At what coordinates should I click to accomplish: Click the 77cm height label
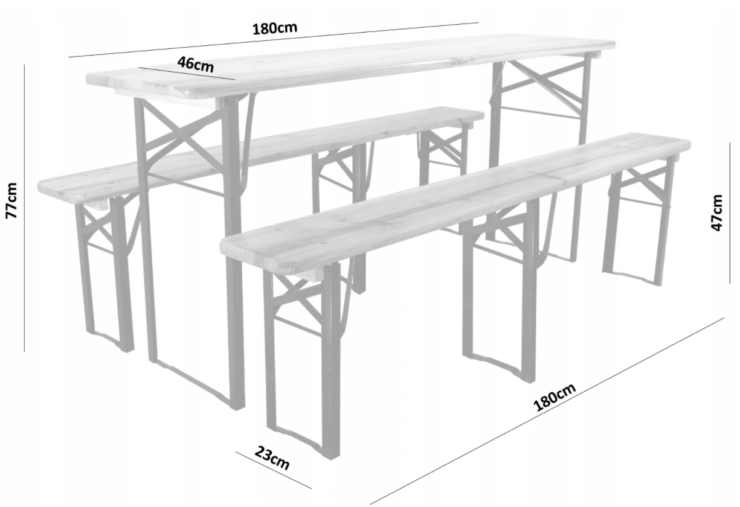tap(11, 200)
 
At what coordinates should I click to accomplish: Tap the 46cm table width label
tap(196, 65)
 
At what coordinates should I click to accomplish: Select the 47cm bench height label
tap(716, 213)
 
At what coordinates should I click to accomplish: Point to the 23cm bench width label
tap(272, 458)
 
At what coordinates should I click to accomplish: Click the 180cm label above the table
tap(274, 28)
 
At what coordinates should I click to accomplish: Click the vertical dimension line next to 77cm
tap(24, 208)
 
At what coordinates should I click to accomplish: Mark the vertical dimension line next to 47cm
tap(730, 213)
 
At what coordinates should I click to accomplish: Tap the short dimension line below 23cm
tap(274, 470)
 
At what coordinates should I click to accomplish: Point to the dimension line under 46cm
tap(187, 74)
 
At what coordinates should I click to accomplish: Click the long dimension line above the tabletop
tap(274, 40)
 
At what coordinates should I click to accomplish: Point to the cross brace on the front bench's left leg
tap(297, 297)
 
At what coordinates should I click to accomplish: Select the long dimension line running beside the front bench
tap(547, 411)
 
